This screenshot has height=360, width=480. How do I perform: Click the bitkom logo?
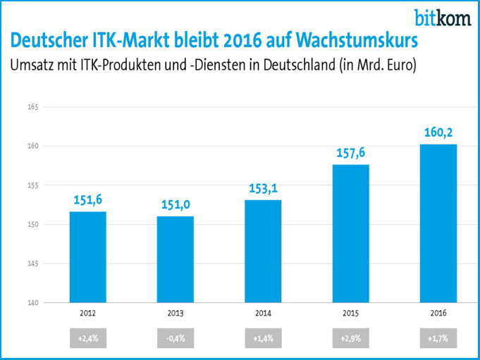(x=443, y=17)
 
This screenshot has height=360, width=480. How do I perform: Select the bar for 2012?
(x=88, y=257)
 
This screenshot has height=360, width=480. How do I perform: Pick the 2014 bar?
(x=263, y=252)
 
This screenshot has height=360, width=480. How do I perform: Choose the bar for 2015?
(x=350, y=234)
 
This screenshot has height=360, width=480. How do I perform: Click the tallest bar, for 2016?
(x=438, y=223)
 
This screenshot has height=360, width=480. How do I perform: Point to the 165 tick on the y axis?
(x=32, y=107)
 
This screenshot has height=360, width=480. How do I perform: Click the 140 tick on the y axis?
(x=32, y=303)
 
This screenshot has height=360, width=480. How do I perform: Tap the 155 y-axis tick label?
(x=32, y=185)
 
